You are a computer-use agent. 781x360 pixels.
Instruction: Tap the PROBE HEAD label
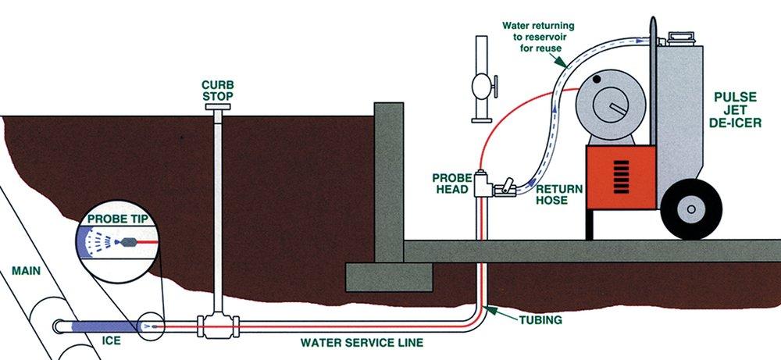(451, 182)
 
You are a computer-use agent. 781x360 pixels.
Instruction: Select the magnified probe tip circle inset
(116, 242)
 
